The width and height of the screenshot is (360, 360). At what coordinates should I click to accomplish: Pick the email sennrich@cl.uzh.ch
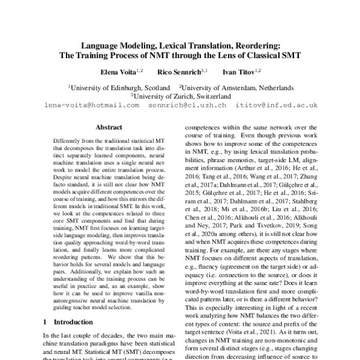(188, 104)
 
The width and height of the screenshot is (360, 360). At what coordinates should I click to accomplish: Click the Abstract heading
(109, 128)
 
